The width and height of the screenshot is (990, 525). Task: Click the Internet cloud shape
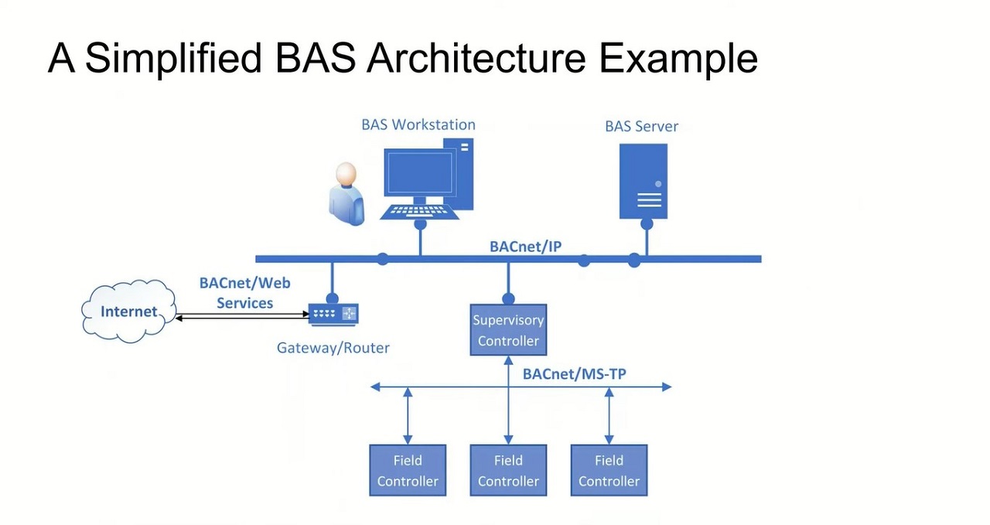point(128,312)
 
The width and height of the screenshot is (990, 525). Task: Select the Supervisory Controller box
point(508,329)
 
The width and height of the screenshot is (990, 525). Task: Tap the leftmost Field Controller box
point(408,470)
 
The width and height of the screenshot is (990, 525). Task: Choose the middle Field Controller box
point(508,470)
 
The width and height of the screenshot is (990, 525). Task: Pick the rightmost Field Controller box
point(609,470)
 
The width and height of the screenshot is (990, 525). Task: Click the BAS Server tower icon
point(643,181)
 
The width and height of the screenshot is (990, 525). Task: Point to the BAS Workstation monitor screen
point(419,172)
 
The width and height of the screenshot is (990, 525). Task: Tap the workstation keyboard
point(419,212)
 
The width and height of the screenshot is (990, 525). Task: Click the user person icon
point(346,194)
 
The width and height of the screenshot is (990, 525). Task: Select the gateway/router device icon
point(333,314)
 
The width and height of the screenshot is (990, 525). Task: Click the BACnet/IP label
point(525,247)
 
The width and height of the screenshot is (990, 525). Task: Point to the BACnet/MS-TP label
point(574,374)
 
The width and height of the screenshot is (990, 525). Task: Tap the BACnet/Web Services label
point(245,292)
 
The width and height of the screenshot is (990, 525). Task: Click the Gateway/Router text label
point(333,348)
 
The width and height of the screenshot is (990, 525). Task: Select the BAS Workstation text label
point(418,124)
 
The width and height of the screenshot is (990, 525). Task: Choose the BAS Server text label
point(641,126)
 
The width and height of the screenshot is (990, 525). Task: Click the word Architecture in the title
point(476,58)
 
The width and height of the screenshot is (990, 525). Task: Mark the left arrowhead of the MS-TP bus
point(375,387)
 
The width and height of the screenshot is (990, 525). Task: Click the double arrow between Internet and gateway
point(243,315)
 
